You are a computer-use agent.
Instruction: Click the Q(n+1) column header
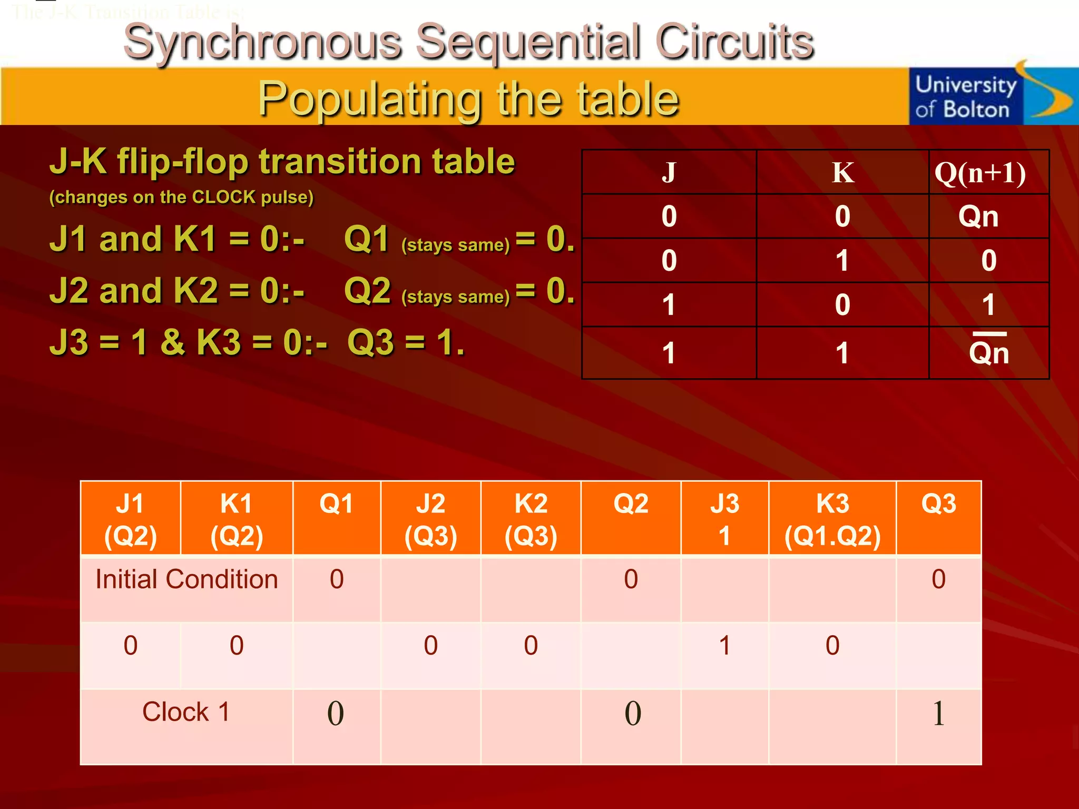click(x=980, y=173)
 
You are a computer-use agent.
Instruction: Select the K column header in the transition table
click(x=842, y=173)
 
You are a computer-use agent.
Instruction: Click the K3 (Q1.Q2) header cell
click(x=832, y=519)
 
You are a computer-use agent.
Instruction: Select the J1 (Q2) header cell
click(x=130, y=519)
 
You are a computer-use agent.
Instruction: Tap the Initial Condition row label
click(x=187, y=579)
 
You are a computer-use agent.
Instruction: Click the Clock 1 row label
click(x=186, y=712)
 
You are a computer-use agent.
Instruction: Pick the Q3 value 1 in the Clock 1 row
click(x=938, y=714)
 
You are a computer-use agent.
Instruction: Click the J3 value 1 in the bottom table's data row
click(x=724, y=646)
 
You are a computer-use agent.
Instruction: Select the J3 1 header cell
click(x=724, y=519)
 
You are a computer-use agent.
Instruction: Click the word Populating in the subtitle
click(x=369, y=99)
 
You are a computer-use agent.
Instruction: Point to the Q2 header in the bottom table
click(x=631, y=504)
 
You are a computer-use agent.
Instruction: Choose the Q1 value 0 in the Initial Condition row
click(x=337, y=579)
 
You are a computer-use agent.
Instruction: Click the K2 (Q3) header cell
click(x=531, y=519)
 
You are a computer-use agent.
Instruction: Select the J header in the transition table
click(x=669, y=173)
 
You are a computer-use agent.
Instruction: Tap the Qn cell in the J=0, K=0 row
click(x=978, y=216)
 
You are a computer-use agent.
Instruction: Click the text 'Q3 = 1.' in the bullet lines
click(x=406, y=342)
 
